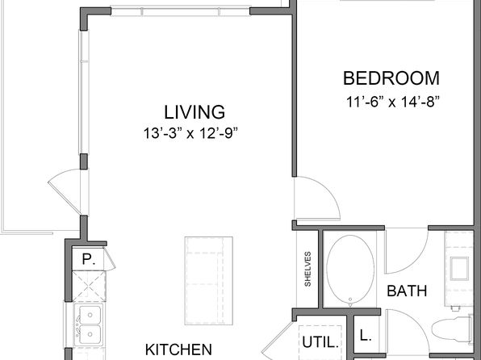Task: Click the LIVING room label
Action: click(x=194, y=112)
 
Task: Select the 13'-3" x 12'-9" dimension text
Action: click(x=190, y=133)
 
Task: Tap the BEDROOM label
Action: click(x=391, y=78)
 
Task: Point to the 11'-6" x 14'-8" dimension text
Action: click(x=393, y=102)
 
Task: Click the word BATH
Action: click(x=407, y=291)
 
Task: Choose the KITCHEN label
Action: click(x=178, y=350)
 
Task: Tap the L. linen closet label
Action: click(x=366, y=336)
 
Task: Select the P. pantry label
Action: click(x=89, y=259)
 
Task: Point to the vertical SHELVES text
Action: click(x=307, y=269)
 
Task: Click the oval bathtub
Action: click(x=350, y=271)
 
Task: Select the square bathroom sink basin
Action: click(x=459, y=269)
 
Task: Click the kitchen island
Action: click(x=208, y=281)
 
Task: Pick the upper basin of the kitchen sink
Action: click(x=90, y=315)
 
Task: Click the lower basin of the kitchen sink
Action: click(x=90, y=334)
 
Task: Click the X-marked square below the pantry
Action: click(x=89, y=286)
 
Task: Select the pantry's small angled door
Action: click(x=109, y=258)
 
